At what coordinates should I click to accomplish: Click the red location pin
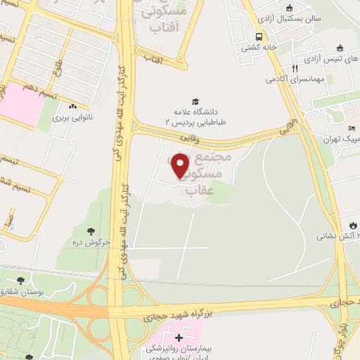coord(181,165)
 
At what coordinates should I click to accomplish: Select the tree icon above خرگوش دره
coord(89,231)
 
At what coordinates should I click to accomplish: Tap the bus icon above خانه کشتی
coord(259,37)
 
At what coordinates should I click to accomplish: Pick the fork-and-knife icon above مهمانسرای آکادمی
coord(295,68)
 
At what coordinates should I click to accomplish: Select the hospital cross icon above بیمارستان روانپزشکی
coord(179,337)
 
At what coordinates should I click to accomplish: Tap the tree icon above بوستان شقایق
coord(19,281)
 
